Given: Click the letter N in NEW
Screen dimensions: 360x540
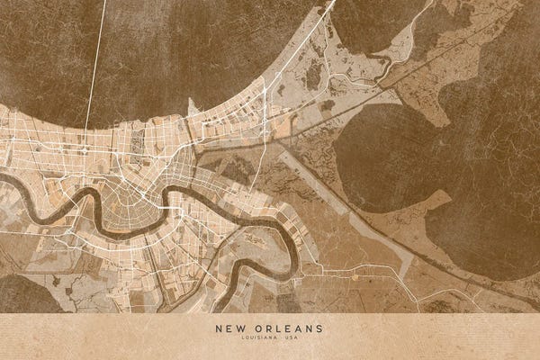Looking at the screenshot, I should (219, 328).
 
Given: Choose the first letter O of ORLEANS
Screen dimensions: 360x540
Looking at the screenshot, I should (259, 328).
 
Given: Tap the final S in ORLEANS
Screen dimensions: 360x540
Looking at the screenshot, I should (320, 328).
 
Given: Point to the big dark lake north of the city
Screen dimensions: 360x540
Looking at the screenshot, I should (180, 45).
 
